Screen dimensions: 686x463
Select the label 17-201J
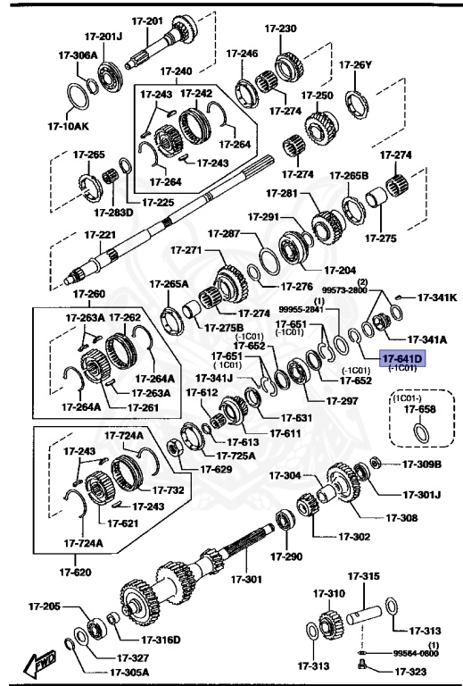click(x=103, y=37)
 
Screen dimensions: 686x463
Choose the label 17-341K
click(x=437, y=297)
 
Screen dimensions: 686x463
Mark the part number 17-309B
click(x=422, y=464)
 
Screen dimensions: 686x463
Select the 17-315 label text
click(x=363, y=577)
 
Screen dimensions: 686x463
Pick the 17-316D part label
click(x=161, y=640)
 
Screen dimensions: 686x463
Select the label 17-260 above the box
click(x=89, y=294)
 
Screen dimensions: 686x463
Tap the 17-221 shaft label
click(x=100, y=235)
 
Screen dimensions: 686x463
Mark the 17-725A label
click(x=236, y=455)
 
